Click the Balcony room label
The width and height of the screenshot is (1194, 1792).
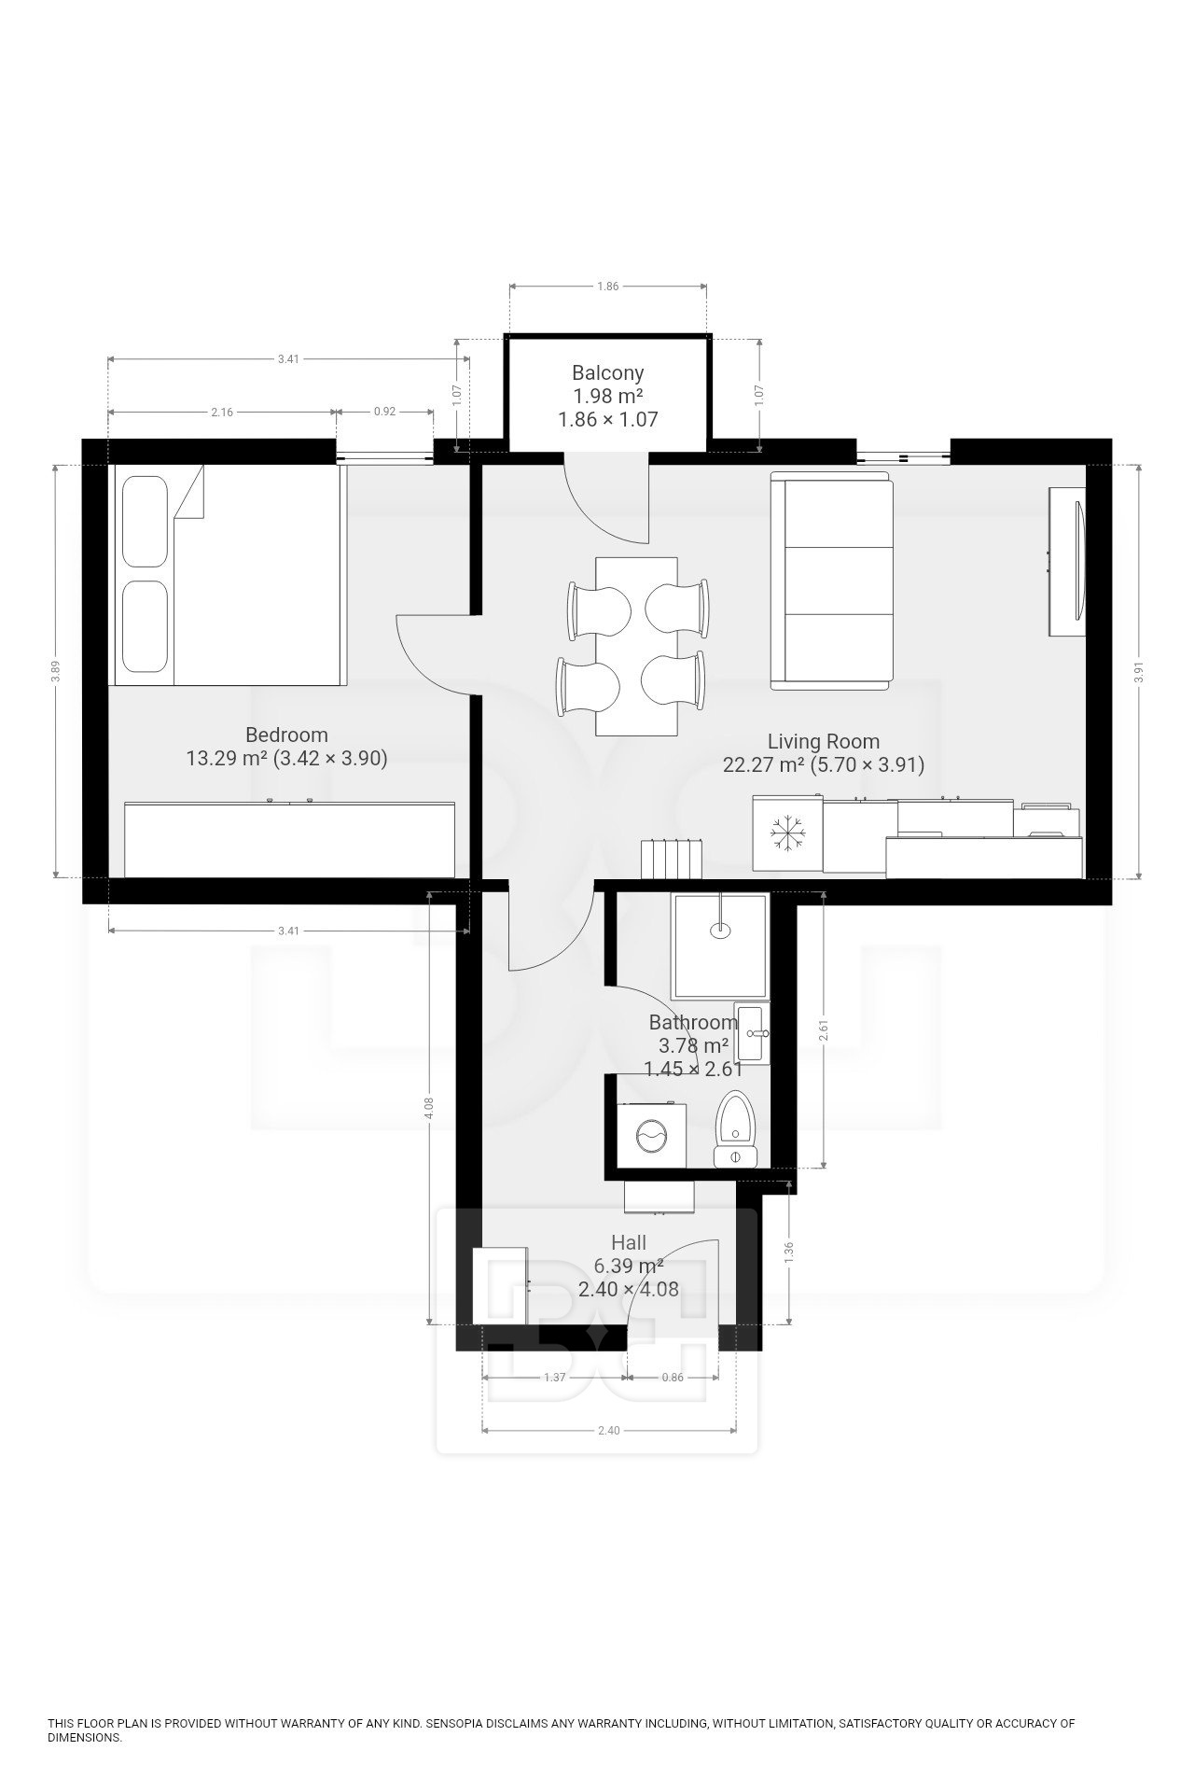point(607,373)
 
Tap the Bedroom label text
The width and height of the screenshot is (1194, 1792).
point(286,735)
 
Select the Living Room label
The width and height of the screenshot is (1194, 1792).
point(823,742)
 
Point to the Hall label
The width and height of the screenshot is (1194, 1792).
point(628,1243)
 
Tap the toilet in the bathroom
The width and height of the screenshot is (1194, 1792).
point(737,1129)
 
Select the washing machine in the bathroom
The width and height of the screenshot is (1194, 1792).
point(652,1136)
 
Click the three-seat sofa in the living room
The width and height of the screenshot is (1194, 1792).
point(831,580)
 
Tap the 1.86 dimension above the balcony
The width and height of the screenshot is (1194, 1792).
point(607,287)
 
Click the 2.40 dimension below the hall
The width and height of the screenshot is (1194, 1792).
point(608,1430)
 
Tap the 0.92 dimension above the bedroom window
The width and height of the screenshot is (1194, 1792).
point(383,412)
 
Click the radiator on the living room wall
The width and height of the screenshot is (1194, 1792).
point(669,858)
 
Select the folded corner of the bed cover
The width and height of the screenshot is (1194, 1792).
point(191,493)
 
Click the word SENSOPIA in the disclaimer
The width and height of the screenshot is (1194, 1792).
point(456,1724)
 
